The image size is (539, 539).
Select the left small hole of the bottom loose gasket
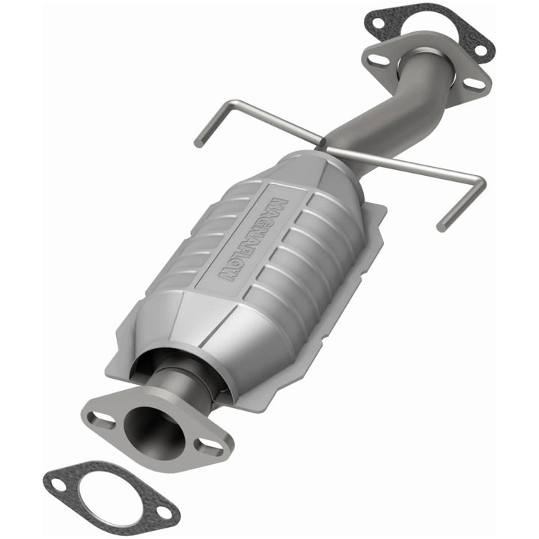tap(58, 485)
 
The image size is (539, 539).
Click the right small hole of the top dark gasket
tap(480, 51)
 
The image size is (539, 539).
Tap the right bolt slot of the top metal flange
tap(474, 83)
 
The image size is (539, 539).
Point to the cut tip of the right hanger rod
tap(441, 225)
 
